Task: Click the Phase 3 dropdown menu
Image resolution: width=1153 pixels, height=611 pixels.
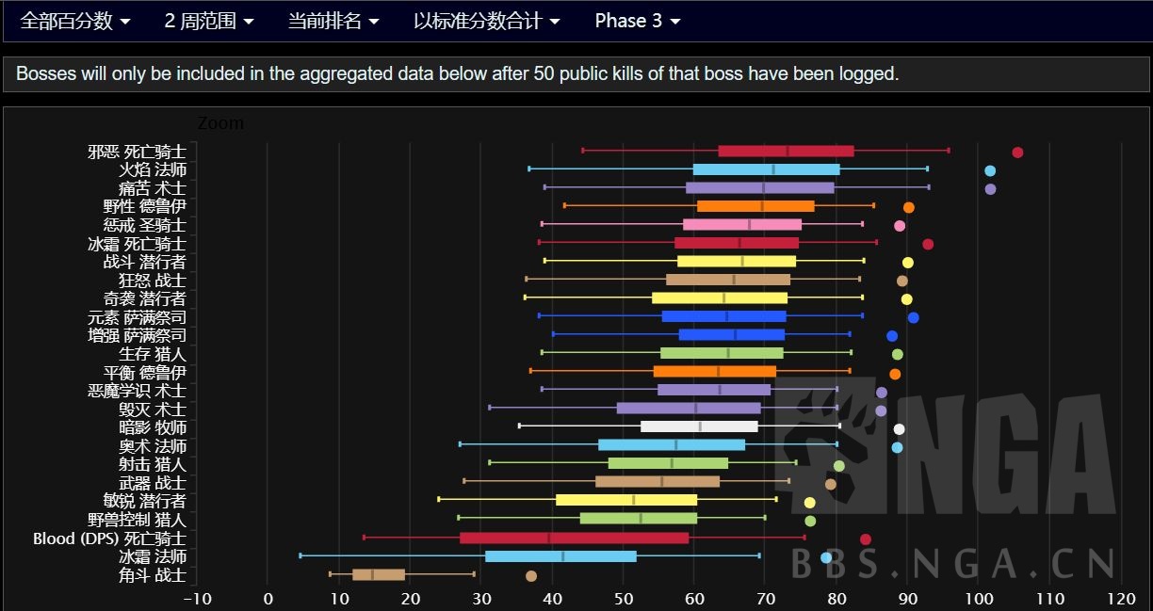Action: click(x=637, y=21)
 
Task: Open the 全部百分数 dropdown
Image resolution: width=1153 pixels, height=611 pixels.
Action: click(x=75, y=21)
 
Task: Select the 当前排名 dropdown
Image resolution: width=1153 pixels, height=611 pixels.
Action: click(x=333, y=21)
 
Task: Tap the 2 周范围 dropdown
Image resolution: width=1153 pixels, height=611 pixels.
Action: click(x=208, y=21)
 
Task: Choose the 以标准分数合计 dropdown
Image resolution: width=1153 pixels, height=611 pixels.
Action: click(x=486, y=21)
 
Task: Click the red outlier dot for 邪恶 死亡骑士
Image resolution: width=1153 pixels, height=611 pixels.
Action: click(x=1017, y=153)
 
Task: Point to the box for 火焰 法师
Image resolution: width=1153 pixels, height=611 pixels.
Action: click(x=766, y=170)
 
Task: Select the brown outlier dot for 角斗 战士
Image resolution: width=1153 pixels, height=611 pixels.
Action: click(x=531, y=576)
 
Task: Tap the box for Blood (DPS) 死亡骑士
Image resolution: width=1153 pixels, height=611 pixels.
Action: click(x=574, y=539)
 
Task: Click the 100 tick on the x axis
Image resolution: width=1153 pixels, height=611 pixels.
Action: click(x=979, y=599)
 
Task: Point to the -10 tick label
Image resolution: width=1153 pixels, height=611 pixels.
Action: click(x=197, y=599)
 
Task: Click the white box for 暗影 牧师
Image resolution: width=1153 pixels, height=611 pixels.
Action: click(x=699, y=427)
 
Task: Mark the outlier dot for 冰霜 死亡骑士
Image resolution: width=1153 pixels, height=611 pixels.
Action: click(x=928, y=245)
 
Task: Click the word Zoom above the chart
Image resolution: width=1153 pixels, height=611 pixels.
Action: click(x=220, y=123)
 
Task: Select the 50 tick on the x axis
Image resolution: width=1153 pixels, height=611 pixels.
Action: click(x=623, y=599)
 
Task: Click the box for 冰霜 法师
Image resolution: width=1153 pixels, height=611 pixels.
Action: click(x=560, y=556)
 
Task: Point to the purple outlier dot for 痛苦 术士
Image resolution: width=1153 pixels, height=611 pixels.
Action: click(x=990, y=189)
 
